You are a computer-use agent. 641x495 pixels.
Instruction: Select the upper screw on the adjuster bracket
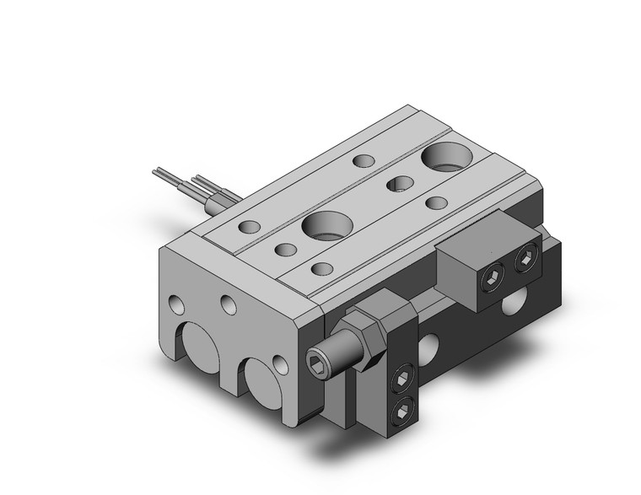click(x=402, y=376)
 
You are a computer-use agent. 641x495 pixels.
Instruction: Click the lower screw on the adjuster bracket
click(x=401, y=410)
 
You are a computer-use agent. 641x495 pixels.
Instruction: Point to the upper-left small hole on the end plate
click(x=176, y=304)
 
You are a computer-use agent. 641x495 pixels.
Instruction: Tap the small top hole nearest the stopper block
click(x=436, y=202)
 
